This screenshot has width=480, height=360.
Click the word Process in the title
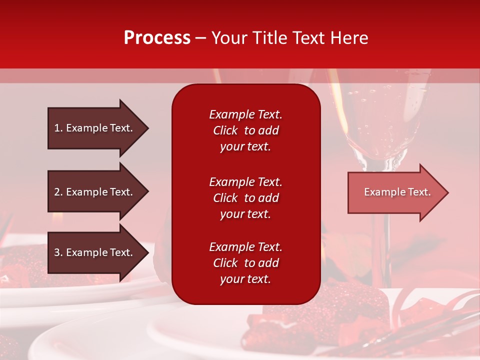tap(157, 38)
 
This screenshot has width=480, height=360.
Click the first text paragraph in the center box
tap(245, 130)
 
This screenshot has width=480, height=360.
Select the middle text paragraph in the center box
tap(245, 198)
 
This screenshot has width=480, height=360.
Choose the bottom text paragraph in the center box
tap(245, 263)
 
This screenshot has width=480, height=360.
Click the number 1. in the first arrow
tap(58, 128)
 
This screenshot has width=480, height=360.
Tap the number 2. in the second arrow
tap(58, 192)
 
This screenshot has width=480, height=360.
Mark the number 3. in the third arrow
tap(58, 252)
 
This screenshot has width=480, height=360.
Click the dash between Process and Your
tap(200, 38)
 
